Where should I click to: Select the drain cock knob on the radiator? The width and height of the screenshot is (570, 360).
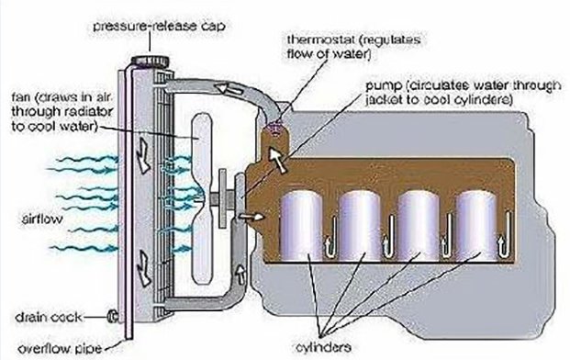pos(112,318)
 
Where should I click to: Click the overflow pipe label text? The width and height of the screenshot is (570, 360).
pos(51,346)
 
